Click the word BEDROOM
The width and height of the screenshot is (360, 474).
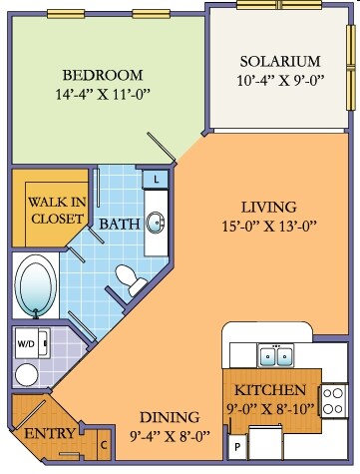pyautogui.click(x=103, y=75)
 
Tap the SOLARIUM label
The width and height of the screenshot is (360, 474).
pyautogui.click(x=280, y=62)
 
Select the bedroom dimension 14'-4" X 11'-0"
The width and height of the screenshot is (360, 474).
pyautogui.click(x=101, y=94)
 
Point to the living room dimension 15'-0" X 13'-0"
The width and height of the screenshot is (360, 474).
pyautogui.click(x=268, y=227)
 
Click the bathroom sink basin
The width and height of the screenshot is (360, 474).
pyautogui.click(x=156, y=223)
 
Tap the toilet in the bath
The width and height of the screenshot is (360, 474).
pyautogui.click(x=131, y=279)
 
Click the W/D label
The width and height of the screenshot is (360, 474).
pyautogui.click(x=25, y=344)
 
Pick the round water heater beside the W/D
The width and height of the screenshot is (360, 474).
pyautogui.click(x=27, y=374)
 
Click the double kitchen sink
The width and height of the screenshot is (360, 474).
pyautogui.click(x=275, y=355)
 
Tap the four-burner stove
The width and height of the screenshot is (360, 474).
pyautogui.click(x=333, y=401)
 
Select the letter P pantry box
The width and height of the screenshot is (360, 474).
pyautogui.click(x=237, y=447)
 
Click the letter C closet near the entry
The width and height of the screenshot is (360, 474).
pyautogui.click(x=104, y=445)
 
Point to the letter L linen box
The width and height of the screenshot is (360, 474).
pyautogui.click(x=157, y=180)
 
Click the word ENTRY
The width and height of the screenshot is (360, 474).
pyautogui.click(x=50, y=434)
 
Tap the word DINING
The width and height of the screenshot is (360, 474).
pyautogui.click(x=170, y=417)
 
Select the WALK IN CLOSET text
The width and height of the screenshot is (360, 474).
pyautogui.click(x=57, y=211)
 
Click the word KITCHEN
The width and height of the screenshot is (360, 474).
pyautogui.click(x=270, y=390)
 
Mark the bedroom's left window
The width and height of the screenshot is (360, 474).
pyautogui.click(x=66, y=14)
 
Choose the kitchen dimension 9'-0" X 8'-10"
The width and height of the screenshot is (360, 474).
pyautogui.click(x=271, y=408)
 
